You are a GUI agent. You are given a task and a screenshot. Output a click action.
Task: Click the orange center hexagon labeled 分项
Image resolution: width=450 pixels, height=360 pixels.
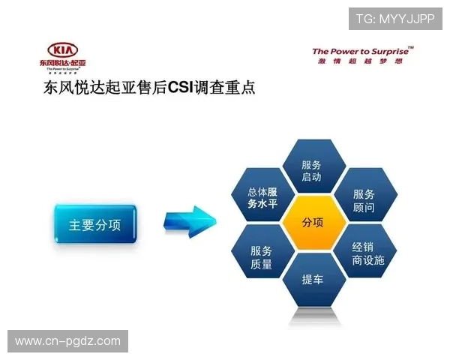pyautogui.click(x=313, y=223)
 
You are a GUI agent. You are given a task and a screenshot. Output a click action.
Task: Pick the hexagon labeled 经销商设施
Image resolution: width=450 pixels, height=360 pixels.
pyautogui.click(x=367, y=253)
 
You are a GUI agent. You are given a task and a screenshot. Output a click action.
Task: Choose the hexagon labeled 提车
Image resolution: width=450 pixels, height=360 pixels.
pyautogui.click(x=313, y=280)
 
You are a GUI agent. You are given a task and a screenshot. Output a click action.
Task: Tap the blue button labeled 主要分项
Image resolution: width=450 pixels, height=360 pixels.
pyautogui.click(x=94, y=224)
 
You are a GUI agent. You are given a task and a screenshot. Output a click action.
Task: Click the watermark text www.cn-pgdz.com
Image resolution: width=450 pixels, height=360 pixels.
pyautogui.click(x=67, y=341)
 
